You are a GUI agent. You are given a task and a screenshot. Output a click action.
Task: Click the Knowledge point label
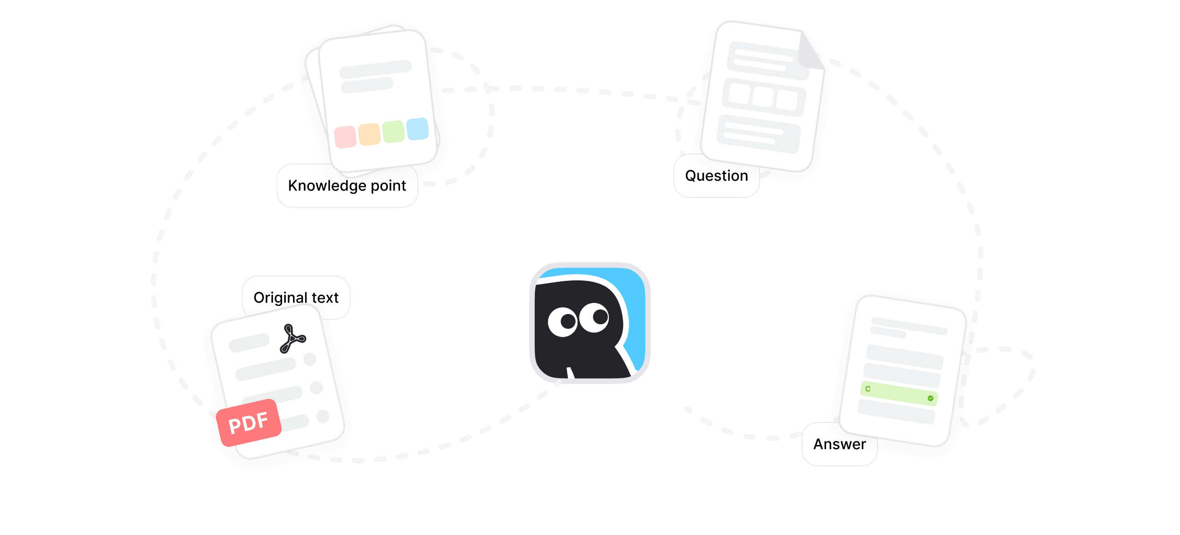tap(347, 186)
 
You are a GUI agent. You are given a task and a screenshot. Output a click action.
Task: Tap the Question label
tap(716, 176)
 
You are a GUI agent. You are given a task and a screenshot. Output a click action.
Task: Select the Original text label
tap(296, 297)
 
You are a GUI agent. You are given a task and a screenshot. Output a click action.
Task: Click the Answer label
tap(839, 444)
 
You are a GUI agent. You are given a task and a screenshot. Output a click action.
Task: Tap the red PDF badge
tap(249, 422)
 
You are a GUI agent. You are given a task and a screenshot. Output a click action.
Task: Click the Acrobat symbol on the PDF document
tap(293, 339)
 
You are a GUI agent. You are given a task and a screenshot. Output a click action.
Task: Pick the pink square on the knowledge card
tap(345, 137)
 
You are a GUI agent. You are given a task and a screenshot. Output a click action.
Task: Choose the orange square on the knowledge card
tap(369, 134)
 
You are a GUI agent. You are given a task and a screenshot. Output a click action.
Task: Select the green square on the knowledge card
tap(393, 131)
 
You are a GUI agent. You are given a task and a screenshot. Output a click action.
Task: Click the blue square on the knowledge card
tap(418, 129)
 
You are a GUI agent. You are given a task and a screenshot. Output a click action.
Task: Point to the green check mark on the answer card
tap(930, 398)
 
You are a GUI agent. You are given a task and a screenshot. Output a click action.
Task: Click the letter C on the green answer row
tap(868, 389)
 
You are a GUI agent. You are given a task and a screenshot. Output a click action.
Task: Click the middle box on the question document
tap(763, 97)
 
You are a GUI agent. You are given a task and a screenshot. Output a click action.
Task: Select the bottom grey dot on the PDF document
tap(323, 416)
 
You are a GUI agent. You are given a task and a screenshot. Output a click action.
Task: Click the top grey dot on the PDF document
tap(310, 359)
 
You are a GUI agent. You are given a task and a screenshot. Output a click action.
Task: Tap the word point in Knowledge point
tap(388, 186)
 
